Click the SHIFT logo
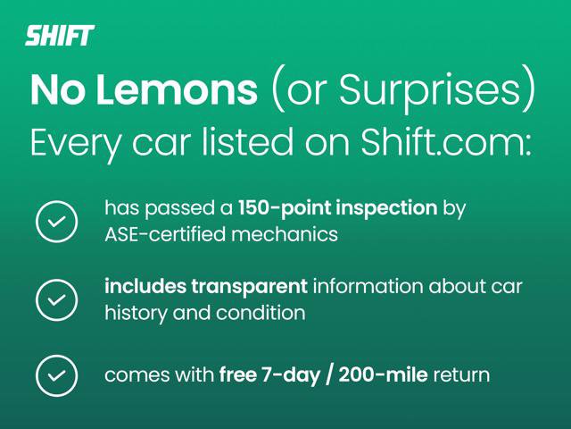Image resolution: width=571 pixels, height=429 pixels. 60,36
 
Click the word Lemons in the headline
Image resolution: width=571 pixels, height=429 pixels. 177,89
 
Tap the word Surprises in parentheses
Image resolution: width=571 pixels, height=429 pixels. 430,90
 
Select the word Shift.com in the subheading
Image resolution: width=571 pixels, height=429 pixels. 446,141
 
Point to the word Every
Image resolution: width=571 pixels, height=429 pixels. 75,143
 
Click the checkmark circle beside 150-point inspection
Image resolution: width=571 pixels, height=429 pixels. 57,222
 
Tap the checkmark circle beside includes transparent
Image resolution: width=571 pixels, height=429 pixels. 57,300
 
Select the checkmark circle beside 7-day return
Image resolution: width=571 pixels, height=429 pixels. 57,375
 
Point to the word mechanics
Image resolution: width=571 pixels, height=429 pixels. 285,234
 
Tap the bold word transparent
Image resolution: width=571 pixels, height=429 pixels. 250,287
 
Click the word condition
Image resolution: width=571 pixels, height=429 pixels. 261,313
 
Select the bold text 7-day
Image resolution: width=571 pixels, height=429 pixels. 290,375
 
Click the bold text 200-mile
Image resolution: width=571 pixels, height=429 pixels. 383,375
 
